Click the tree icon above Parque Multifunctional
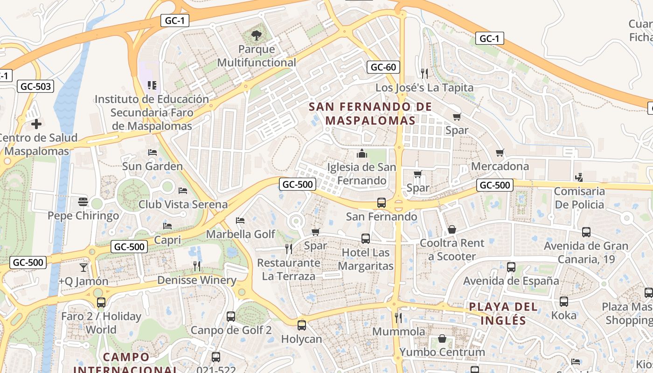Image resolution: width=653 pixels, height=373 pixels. (256, 35)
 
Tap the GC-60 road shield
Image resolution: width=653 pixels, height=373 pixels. (383, 67)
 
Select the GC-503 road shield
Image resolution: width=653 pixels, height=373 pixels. (35, 86)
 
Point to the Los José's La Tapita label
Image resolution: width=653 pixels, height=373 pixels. (424, 88)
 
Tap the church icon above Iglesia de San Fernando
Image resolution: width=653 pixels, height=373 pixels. (361, 153)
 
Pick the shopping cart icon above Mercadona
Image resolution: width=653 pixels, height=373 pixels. (500, 152)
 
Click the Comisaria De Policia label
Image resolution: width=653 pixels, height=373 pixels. (579, 198)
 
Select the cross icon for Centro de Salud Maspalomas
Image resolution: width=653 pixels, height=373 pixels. (36, 124)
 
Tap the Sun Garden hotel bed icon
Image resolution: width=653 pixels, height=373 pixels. (153, 152)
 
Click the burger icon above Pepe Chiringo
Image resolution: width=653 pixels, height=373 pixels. (83, 202)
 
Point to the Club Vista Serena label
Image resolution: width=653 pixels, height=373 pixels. (183, 204)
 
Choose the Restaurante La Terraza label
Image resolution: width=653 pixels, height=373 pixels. (289, 269)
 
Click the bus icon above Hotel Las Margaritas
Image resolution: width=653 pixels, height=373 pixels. (366, 239)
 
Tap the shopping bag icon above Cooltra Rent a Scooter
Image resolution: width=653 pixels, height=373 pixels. (452, 229)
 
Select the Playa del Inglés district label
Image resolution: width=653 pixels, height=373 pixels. (503, 313)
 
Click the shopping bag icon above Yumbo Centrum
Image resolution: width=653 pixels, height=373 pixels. (442, 338)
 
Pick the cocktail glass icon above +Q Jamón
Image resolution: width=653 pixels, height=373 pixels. (83, 267)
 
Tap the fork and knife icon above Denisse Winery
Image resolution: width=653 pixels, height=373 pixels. (197, 266)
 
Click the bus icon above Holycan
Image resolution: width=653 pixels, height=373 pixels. (302, 325)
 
